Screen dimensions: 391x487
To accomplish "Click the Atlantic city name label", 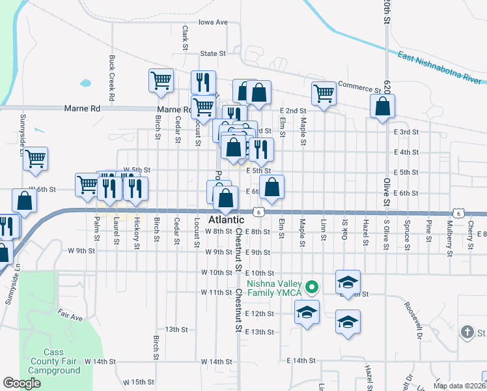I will click(x=225, y=221).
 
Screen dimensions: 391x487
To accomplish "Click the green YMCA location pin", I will click(x=313, y=286).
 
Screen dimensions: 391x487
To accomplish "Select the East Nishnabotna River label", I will click(x=438, y=68).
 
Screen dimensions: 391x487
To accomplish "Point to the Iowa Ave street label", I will click(x=213, y=22).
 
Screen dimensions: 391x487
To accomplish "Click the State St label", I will click(x=213, y=53).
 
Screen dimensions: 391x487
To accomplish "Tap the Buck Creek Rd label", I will click(x=112, y=81).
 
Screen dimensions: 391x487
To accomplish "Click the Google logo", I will click(x=21, y=383).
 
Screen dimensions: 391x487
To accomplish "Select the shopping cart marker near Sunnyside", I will click(x=36, y=158).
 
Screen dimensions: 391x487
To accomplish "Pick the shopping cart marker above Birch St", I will click(x=161, y=81).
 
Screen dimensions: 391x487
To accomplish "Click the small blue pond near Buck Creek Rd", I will click(x=85, y=83).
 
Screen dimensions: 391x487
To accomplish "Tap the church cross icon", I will click(x=467, y=332).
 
